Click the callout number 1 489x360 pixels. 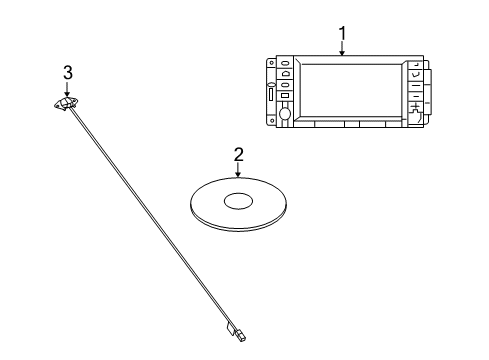(342, 33)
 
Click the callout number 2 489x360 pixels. (238, 155)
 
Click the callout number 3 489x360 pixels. (68, 72)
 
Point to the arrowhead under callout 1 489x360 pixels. (342, 52)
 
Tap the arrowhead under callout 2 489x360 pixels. (238, 173)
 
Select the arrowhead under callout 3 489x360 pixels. (67, 94)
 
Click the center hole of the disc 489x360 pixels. (238, 201)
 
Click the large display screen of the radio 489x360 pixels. (351, 90)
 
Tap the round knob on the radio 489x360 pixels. (285, 114)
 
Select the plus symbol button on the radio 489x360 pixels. (415, 107)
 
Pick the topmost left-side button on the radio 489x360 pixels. (285, 63)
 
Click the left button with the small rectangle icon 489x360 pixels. (285, 96)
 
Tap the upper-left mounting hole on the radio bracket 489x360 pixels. (272, 63)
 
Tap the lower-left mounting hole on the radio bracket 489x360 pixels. (272, 121)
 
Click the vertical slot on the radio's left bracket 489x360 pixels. (271, 94)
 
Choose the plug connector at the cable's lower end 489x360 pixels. (240, 335)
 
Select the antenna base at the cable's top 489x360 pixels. (67, 103)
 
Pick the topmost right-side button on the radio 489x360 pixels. (415, 64)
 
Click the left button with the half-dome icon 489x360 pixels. (285, 73)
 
